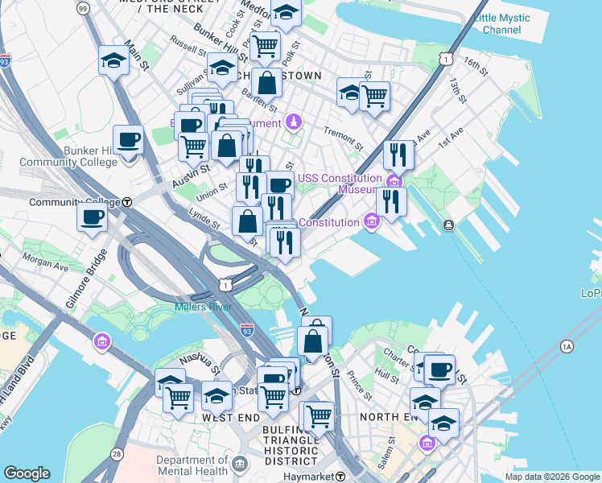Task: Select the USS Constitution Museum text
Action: [x=339, y=184]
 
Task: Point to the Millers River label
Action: [x=203, y=307]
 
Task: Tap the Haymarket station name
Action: [x=307, y=477]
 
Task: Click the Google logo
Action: [x=27, y=473]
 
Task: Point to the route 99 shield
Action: [x=83, y=7]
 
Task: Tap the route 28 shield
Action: [x=117, y=455]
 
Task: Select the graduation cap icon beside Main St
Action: [x=114, y=60]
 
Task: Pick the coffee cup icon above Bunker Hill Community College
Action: [x=128, y=141]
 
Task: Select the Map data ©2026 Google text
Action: [x=551, y=477]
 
